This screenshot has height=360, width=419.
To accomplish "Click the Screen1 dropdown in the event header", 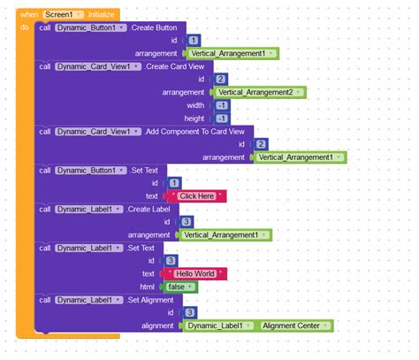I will pos(65,15).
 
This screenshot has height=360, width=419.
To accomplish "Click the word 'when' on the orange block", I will pos(29,15).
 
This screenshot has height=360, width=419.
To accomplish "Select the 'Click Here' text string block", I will pos(196,195).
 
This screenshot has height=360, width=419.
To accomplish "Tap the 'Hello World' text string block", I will pos(196,273).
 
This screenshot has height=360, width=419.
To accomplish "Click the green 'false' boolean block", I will pos(180,287).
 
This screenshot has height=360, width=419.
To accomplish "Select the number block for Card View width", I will pos(222,105).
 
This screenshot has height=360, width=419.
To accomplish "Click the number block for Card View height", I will pos(222,118).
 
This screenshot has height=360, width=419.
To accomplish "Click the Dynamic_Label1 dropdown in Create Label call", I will pos(88,209).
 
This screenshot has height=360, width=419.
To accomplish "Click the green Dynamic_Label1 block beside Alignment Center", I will pos(220,326).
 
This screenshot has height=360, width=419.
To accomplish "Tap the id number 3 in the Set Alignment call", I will pos(190,312).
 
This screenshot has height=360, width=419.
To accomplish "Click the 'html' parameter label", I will pos(151,287).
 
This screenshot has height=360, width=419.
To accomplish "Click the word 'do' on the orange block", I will pos(25,28).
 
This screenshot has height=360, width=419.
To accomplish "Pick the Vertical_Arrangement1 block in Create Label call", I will pos(224,234).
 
